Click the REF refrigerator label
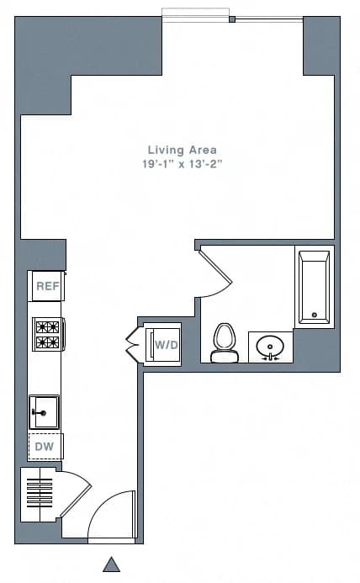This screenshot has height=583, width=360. point(47,286)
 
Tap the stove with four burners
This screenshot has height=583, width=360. point(47,333)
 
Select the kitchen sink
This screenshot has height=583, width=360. point(44,411)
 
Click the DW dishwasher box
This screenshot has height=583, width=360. point(45,446)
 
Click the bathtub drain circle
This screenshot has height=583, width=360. point(315,315)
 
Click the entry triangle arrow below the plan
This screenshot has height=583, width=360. point(111,564)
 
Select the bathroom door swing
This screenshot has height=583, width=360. point(214,273)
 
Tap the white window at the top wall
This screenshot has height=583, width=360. point(195,14)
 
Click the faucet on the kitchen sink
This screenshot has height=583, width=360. point(38,413)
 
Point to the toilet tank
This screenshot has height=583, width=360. point(225,358)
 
